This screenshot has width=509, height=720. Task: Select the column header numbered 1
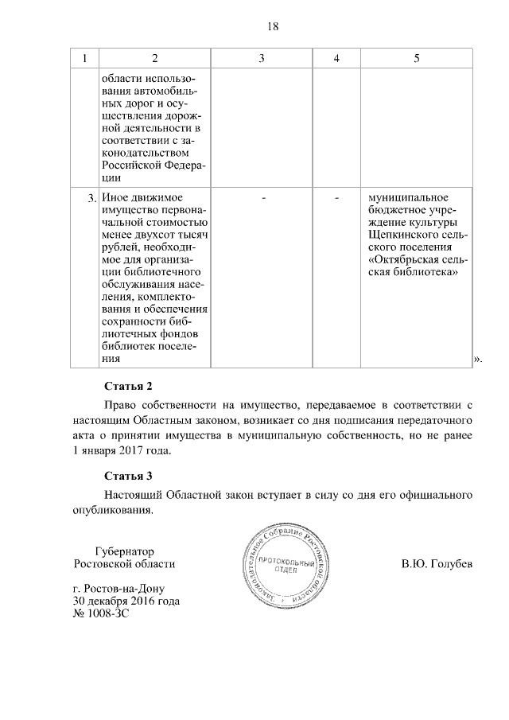click(x=84, y=58)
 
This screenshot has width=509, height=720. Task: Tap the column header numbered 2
click(x=154, y=58)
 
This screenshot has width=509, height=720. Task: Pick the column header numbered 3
click(x=262, y=58)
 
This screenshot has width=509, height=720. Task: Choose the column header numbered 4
click(x=336, y=58)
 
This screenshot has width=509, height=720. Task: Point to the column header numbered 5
click(x=417, y=58)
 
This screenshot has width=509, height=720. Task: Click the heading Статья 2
click(x=127, y=387)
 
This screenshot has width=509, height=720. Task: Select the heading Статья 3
click(x=127, y=477)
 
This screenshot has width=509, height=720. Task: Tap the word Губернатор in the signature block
click(x=123, y=551)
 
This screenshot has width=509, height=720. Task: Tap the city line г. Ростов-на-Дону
click(x=119, y=589)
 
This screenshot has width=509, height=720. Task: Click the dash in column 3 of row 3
click(x=262, y=197)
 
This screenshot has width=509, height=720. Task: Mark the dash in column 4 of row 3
click(x=336, y=197)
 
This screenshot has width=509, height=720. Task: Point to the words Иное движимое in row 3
click(x=142, y=197)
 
